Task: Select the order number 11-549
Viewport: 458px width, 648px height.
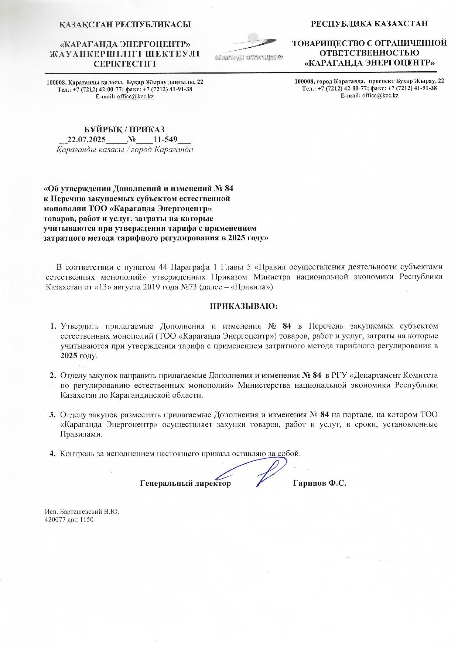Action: [x=165, y=140]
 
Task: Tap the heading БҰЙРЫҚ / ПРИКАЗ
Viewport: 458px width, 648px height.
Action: [x=125, y=129]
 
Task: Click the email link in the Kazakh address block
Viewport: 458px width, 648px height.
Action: [x=135, y=96]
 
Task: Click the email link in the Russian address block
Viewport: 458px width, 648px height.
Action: [x=380, y=95]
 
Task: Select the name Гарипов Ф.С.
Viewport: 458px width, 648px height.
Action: [x=319, y=483]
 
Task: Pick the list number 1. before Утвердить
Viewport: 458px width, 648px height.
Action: [x=53, y=326]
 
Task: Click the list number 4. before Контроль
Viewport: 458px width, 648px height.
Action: [x=53, y=453]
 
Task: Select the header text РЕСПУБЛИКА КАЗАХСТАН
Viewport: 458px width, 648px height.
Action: [x=369, y=24]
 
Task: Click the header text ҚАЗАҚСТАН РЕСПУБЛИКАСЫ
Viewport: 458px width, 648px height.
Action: [x=125, y=25]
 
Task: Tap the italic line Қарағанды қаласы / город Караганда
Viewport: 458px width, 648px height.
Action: [x=125, y=150]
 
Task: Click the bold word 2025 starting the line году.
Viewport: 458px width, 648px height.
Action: [x=68, y=356]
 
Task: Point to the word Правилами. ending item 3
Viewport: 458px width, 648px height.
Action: [x=81, y=434]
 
